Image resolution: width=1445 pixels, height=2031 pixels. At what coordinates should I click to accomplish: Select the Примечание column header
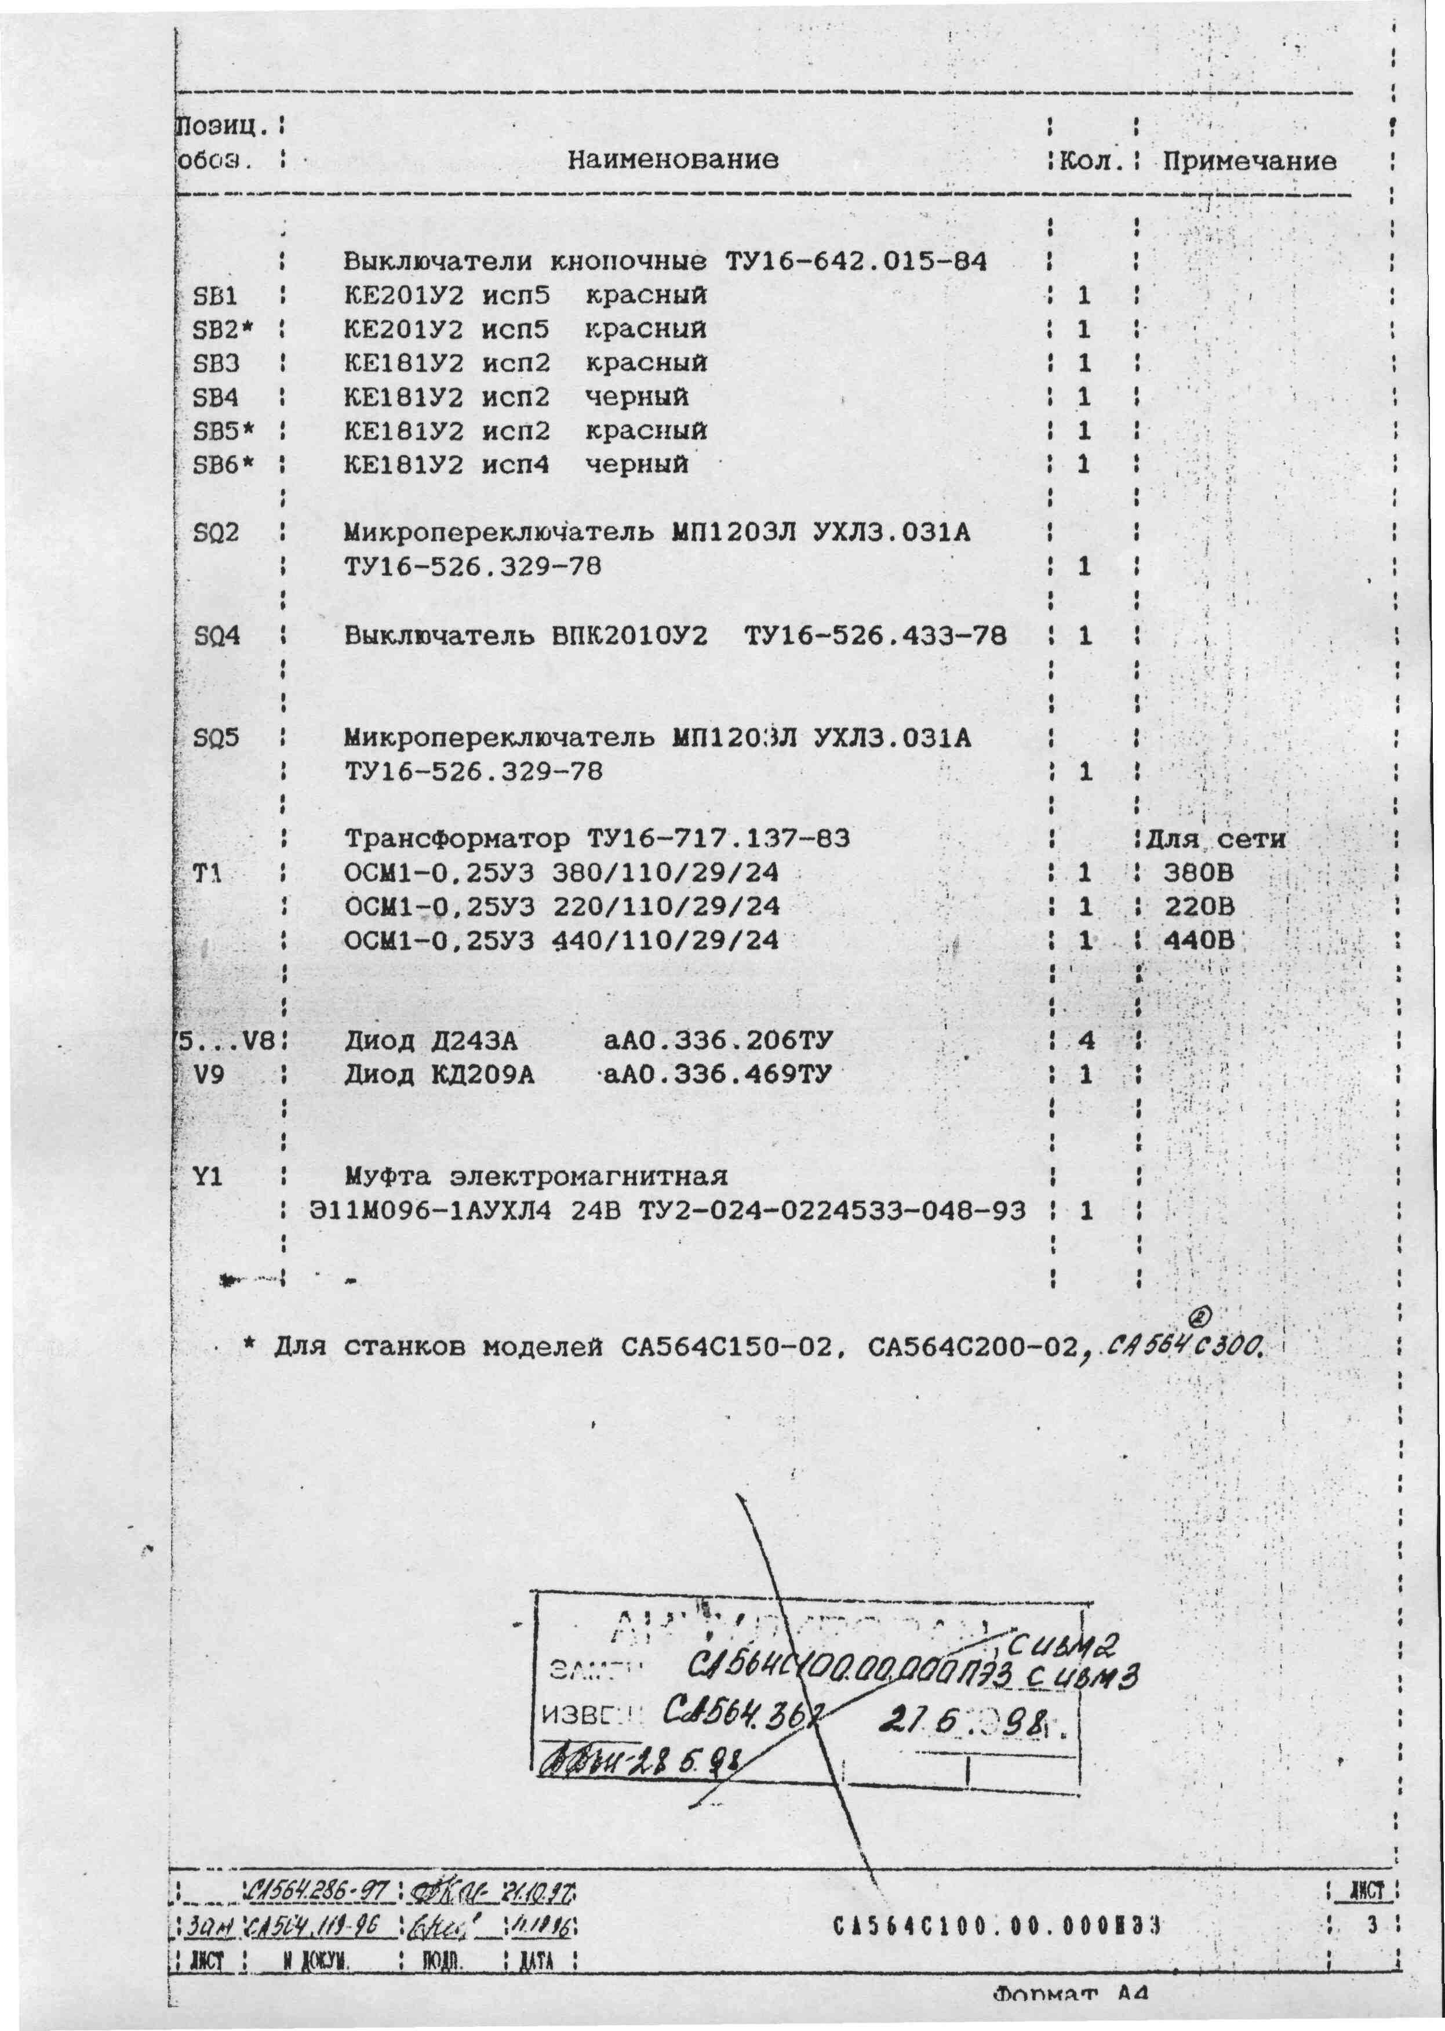coord(1249,161)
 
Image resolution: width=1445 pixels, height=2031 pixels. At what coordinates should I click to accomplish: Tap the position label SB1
coord(214,296)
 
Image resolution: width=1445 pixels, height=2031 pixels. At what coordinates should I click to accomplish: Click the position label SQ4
coord(216,637)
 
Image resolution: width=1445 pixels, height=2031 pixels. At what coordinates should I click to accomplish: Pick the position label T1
coord(206,873)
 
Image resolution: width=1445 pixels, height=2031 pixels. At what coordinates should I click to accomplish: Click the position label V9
coord(209,1075)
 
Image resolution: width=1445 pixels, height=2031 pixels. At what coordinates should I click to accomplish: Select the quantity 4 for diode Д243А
coord(1086,1040)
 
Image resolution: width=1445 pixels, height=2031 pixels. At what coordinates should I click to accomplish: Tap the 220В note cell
coord(1198,907)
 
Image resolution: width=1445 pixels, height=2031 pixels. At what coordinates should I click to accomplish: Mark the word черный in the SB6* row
coord(636,464)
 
